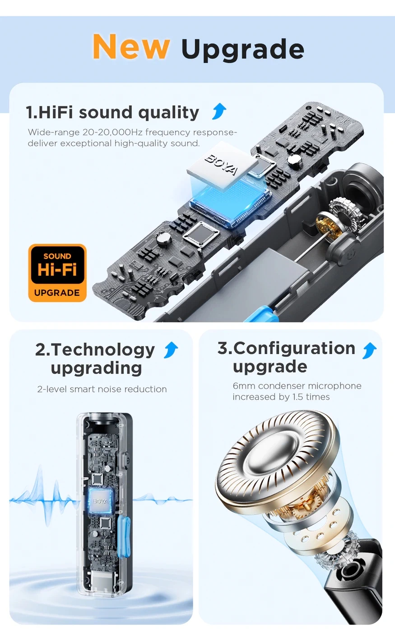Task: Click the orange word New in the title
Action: [131, 47]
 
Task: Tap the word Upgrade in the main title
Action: [242, 50]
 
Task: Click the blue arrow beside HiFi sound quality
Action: [219, 111]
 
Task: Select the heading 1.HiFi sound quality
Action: [112, 112]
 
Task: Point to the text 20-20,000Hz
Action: [112, 132]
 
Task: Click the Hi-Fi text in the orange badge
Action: [57, 270]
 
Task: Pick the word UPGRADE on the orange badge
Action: [57, 293]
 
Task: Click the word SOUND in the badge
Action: [57, 256]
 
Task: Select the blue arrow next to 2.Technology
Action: [171, 350]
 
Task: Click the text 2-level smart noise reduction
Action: [102, 389]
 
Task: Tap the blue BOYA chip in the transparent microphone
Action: [100, 501]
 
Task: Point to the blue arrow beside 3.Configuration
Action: [369, 350]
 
